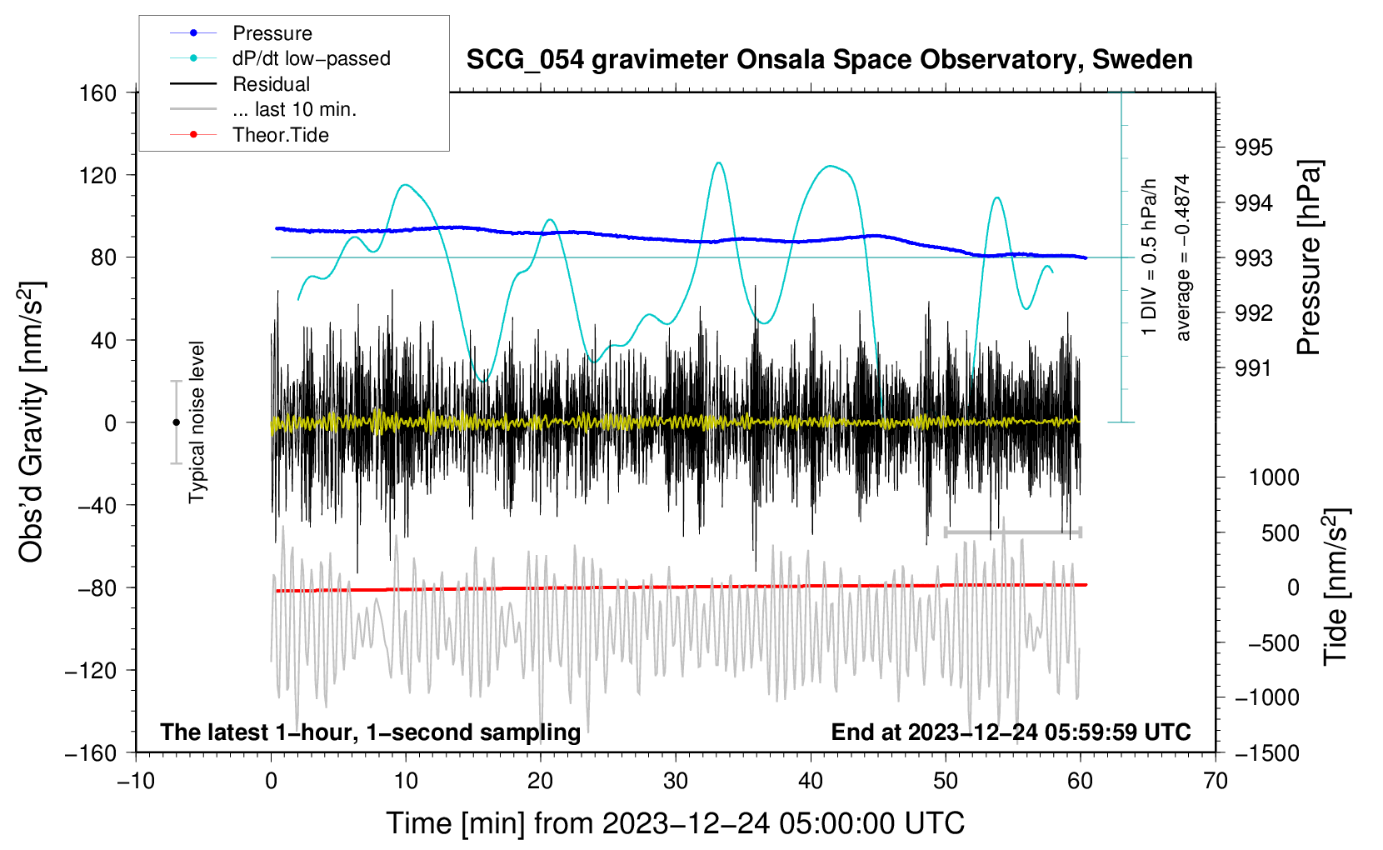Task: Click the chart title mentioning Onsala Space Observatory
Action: (829, 60)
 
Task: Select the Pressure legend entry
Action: (272, 33)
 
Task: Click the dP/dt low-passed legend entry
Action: (311, 58)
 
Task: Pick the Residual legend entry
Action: (271, 84)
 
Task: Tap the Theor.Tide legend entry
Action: (280, 135)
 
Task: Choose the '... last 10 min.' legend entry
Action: (294, 109)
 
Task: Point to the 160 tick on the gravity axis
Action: (98, 93)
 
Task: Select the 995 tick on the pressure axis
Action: (1254, 147)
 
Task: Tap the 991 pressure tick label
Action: (1254, 368)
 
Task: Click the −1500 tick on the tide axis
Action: (1266, 752)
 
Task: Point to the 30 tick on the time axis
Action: (676, 781)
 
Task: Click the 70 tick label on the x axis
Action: (1216, 781)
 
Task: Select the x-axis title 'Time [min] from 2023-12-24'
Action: (676, 823)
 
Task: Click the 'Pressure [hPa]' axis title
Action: (1309, 258)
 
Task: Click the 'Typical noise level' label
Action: (197, 422)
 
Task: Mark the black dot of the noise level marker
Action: (176, 422)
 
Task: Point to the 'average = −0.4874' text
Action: (1183, 258)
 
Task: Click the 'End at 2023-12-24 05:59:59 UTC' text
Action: (1011, 732)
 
